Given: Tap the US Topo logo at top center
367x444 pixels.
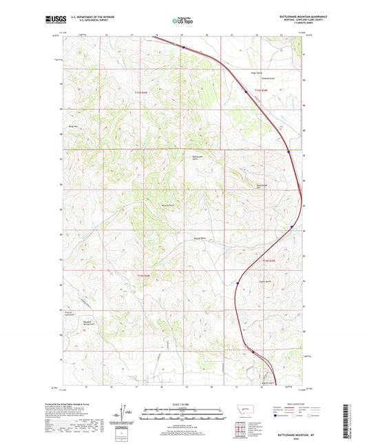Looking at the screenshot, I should (182, 21).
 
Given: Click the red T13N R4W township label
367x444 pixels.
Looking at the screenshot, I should (123, 89).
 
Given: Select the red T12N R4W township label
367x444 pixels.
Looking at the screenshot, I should (142, 276).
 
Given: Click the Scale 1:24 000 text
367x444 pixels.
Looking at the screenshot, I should (182, 403).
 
